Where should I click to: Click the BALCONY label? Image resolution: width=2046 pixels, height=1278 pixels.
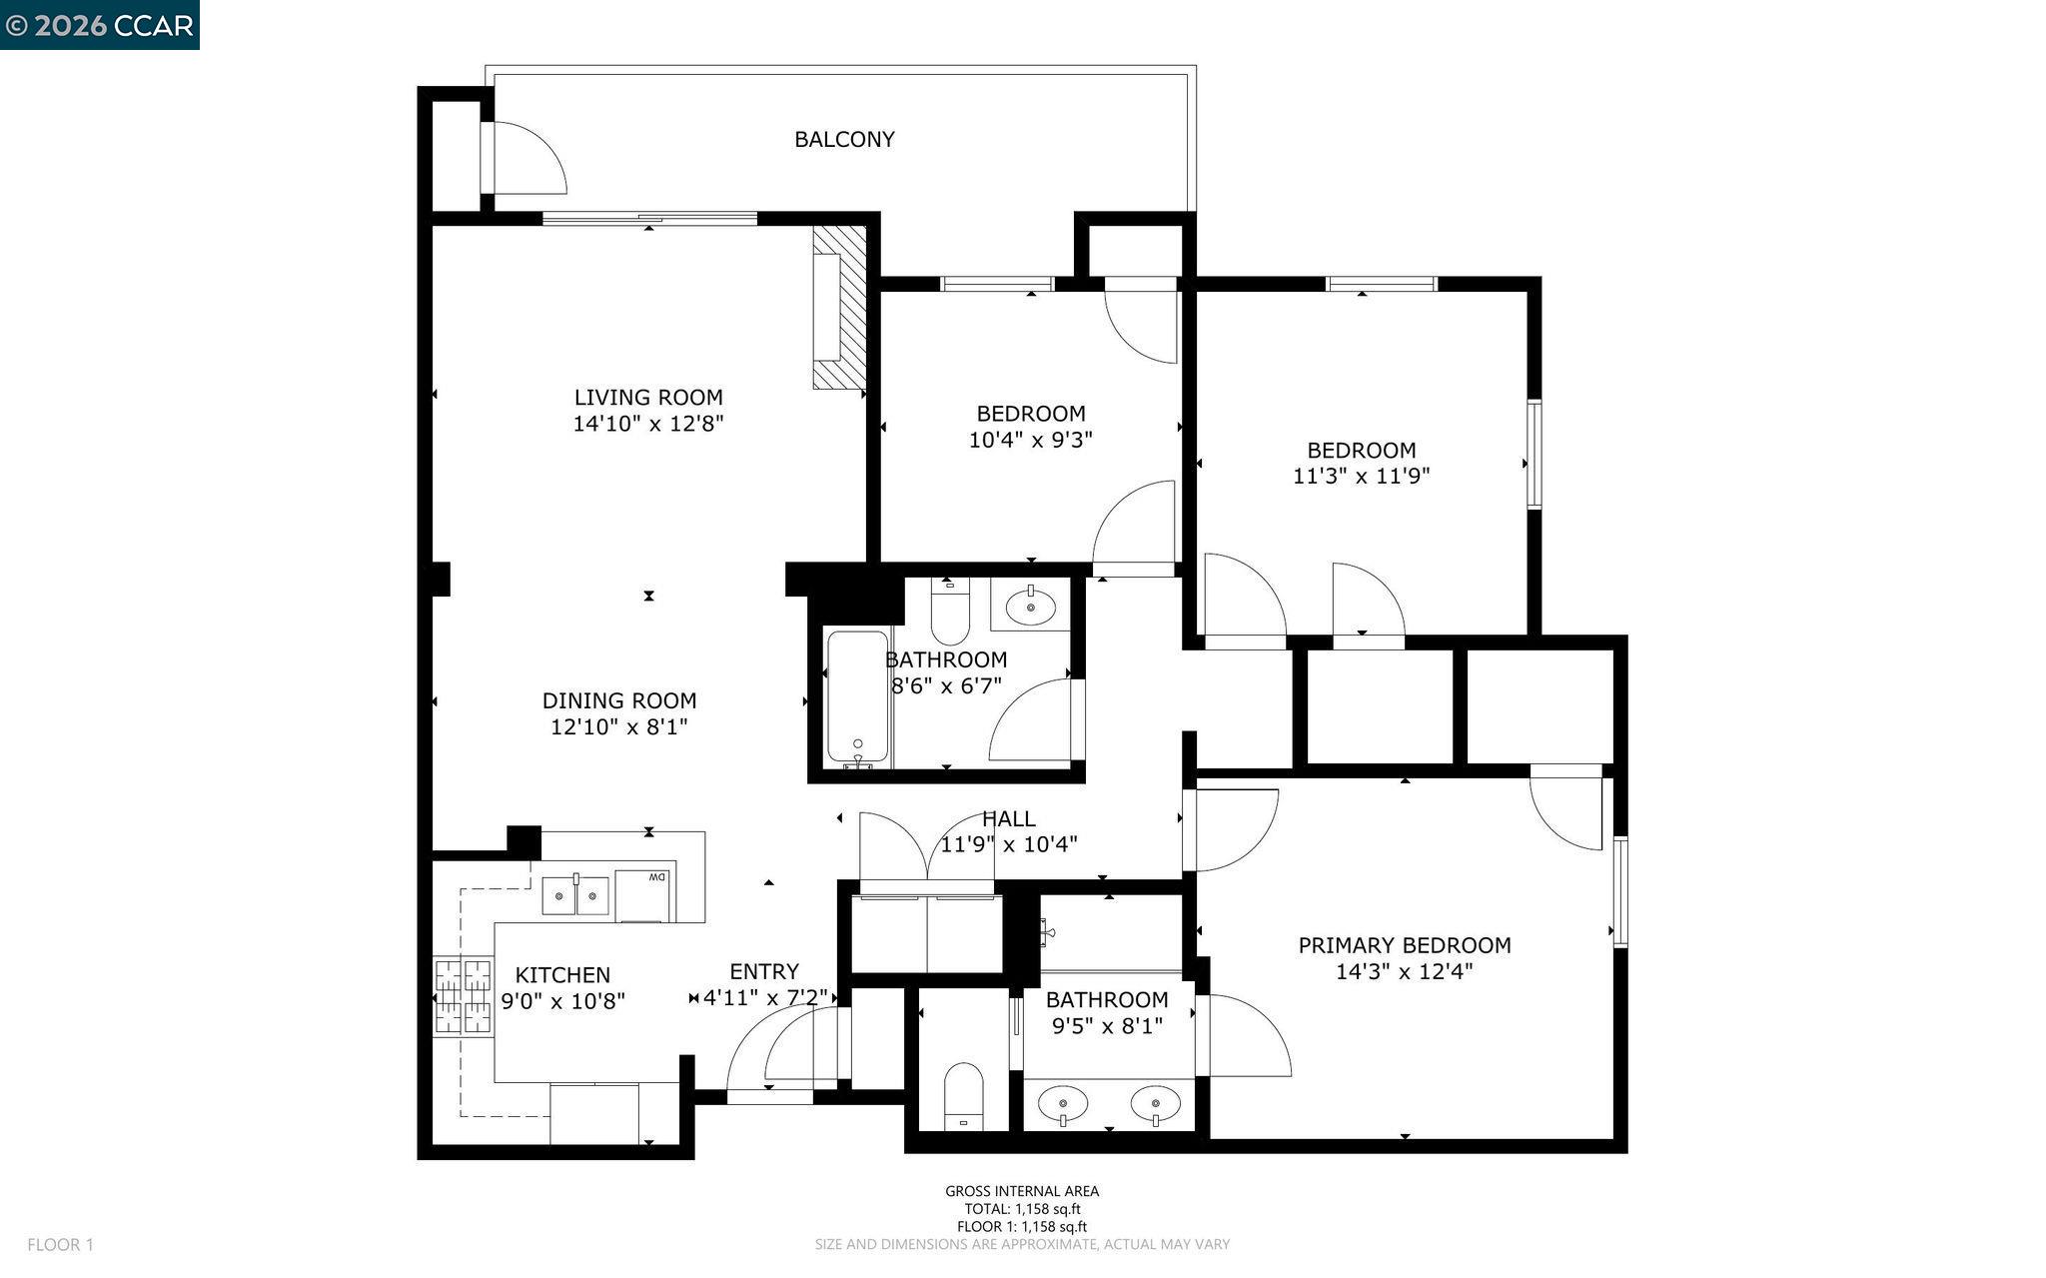click(844, 140)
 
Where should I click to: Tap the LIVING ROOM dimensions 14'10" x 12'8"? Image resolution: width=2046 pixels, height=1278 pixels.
click(647, 424)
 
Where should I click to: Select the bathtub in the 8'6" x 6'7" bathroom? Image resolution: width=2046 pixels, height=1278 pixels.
click(858, 697)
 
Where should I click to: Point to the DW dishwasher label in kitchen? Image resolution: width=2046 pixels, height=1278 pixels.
click(656, 877)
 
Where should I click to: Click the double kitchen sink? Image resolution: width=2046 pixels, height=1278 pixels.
click(576, 895)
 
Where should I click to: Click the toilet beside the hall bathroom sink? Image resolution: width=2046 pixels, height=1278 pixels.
click(950, 613)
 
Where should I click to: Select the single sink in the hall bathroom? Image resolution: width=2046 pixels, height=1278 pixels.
click(1030, 606)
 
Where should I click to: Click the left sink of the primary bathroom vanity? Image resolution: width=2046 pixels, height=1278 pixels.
click(1064, 1105)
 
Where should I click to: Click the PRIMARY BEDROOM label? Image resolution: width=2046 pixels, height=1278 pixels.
click(1404, 945)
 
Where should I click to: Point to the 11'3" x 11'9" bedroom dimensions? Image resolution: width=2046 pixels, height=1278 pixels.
click(1361, 477)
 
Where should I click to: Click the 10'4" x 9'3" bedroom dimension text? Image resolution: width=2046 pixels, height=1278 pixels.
click(1030, 440)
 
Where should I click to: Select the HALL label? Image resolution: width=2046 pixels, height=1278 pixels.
click(1008, 819)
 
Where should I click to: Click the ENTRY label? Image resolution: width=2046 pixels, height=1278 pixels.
click(763, 971)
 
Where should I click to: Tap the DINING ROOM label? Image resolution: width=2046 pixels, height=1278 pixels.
click(619, 701)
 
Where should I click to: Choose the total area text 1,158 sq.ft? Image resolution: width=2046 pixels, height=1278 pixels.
click(1022, 1208)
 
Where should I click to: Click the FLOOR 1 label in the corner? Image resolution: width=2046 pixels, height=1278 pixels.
click(60, 1245)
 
